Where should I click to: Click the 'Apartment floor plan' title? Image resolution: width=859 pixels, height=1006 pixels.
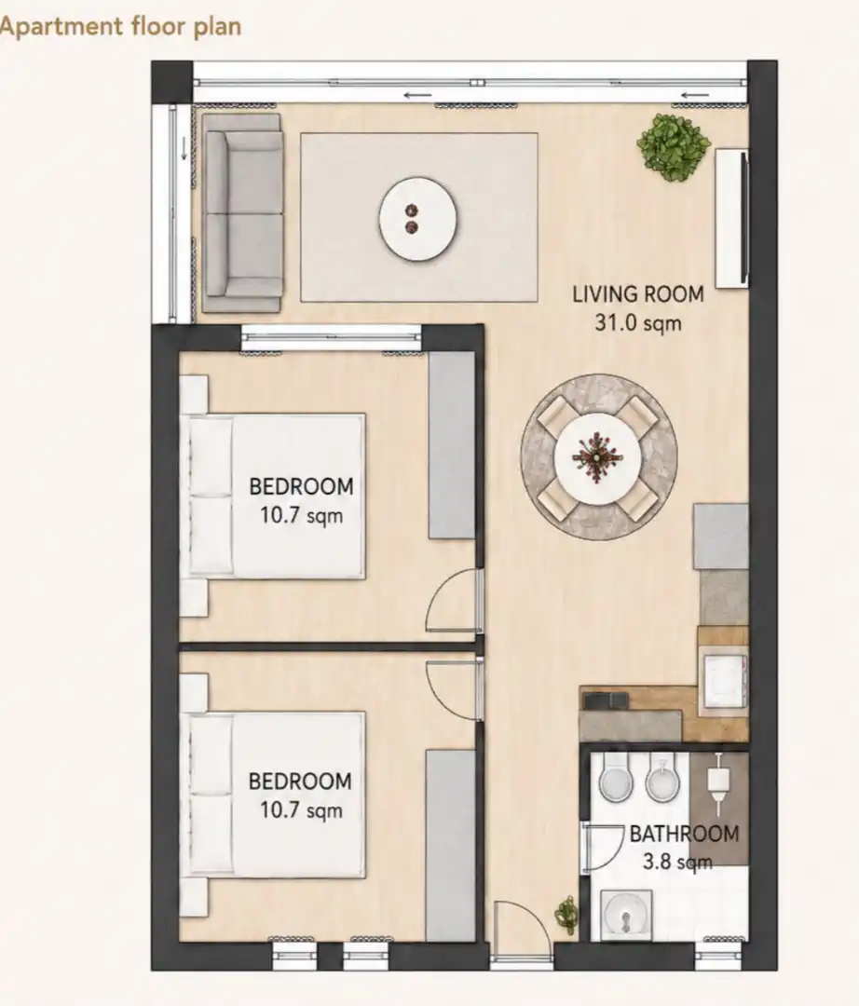tap(120, 27)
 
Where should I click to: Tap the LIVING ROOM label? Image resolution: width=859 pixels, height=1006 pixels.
tap(637, 294)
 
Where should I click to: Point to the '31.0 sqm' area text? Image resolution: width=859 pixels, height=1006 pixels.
tap(637, 322)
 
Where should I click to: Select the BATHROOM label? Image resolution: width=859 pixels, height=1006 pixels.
tap(684, 834)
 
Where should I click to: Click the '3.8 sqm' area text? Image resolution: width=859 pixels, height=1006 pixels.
tap(677, 861)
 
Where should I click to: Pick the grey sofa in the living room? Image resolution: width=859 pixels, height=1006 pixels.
tap(241, 213)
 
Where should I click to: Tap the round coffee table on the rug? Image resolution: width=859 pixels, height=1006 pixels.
tap(417, 219)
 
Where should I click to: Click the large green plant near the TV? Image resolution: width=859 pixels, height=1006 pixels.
tap(674, 146)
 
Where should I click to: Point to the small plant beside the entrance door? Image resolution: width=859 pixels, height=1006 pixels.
tap(566, 914)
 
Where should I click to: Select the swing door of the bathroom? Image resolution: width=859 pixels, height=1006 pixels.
tap(602, 848)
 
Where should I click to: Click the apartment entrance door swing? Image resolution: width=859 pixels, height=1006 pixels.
tap(521, 931)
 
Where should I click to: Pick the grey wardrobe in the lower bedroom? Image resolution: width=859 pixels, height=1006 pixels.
tap(451, 844)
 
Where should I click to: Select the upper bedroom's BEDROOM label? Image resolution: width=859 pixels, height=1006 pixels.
tap(301, 486)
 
